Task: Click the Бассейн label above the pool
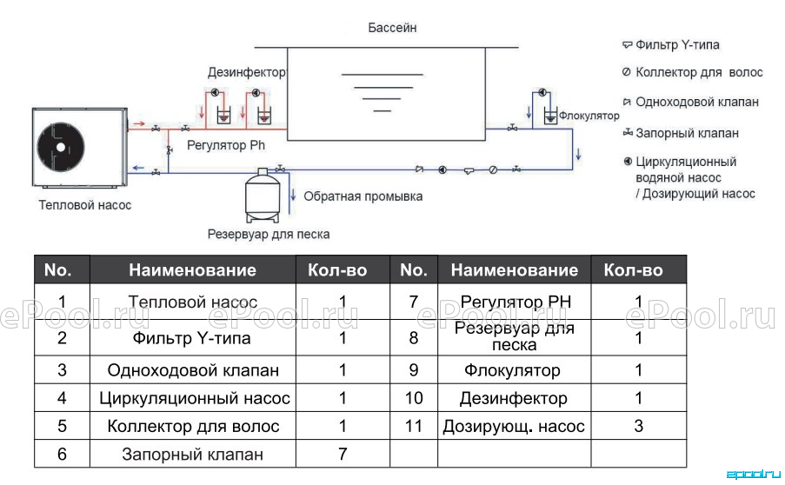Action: click(392, 28)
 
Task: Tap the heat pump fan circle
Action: click(61, 148)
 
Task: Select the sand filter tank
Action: click(262, 196)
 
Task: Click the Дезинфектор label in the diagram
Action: click(246, 72)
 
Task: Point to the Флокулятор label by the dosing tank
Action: click(589, 116)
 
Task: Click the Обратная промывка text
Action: click(363, 196)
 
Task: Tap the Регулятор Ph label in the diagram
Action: click(226, 145)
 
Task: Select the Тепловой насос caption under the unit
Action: click(85, 205)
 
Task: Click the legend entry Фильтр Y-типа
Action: click(677, 45)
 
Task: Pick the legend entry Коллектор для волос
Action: click(699, 72)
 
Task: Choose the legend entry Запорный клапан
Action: click(687, 133)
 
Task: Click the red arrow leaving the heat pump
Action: click(139, 123)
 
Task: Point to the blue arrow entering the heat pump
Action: click(138, 168)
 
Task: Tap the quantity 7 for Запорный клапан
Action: click(343, 454)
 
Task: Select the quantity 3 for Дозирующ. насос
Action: click(638, 426)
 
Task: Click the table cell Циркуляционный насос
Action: click(194, 398)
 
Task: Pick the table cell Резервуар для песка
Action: click(514, 336)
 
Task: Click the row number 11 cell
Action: click(414, 426)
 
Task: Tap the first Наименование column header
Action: click(193, 269)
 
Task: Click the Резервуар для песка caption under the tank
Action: click(269, 234)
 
